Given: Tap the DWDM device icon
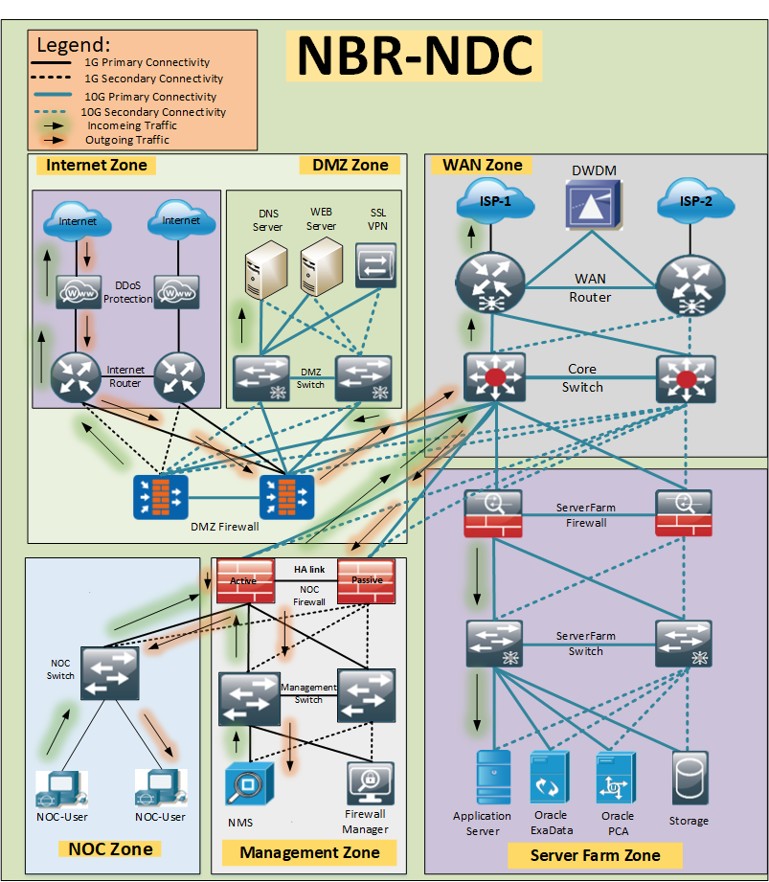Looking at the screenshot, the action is pyautogui.click(x=594, y=204).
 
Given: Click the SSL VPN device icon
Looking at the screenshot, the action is pyautogui.click(x=375, y=265).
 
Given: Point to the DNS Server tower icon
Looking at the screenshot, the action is pyautogui.click(x=266, y=269).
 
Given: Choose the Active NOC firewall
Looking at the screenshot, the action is pyautogui.click(x=246, y=581).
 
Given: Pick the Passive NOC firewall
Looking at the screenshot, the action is pyautogui.click(x=366, y=581).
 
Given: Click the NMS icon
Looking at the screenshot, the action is pyautogui.click(x=249, y=783).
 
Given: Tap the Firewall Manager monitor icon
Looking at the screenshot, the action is pyautogui.click(x=371, y=783).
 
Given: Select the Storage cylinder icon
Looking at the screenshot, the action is pyautogui.click(x=690, y=778).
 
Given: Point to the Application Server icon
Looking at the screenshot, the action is pyautogui.click(x=493, y=777).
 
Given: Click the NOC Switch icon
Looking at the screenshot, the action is pyautogui.click(x=110, y=673).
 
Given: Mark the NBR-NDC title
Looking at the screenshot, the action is pyautogui.click(x=414, y=56).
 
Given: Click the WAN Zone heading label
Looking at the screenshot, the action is pyautogui.click(x=482, y=165).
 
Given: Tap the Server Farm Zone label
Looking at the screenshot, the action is pyautogui.click(x=595, y=855).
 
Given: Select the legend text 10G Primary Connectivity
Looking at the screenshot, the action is pyautogui.click(x=150, y=96).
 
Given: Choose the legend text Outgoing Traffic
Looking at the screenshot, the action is pyautogui.click(x=127, y=140).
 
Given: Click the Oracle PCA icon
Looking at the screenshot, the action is pyautogui.click(x=616, y=780).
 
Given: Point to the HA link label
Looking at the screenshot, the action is pyautogui.click(x=309, y=569).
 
